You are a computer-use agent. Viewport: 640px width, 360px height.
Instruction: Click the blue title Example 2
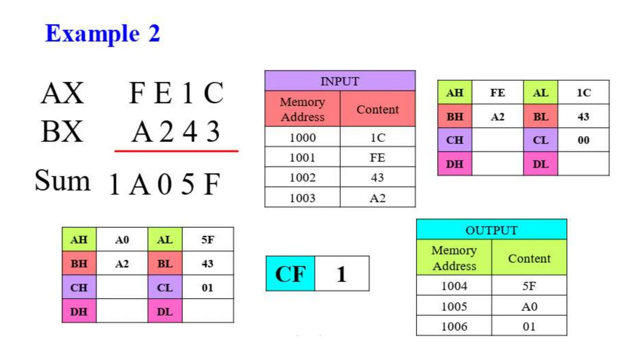[x=102, y=33]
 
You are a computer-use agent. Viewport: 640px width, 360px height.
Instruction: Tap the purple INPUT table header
[x=340, y=81]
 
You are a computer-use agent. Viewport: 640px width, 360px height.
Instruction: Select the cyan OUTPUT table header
[x=491, y=230]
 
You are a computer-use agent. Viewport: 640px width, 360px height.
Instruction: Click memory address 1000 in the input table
[x=302, y=137]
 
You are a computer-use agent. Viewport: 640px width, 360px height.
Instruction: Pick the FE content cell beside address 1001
[x=377, y=157]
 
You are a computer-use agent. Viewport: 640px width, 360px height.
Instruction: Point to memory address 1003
[x=302, y=198]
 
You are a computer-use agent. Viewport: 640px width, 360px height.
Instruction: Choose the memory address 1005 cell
[x=454, y=306]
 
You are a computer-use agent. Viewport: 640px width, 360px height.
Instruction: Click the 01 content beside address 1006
[x=529, y=326]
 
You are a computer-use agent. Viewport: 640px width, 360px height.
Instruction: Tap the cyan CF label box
[x=290, y=274]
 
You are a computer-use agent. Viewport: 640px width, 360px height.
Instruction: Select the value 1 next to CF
[x=342, y=274]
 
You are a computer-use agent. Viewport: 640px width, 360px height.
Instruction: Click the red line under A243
[x=176, y=151]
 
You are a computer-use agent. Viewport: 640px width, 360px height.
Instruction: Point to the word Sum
[x=62, y=181]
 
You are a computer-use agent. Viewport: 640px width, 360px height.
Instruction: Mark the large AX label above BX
[x=62, y=93]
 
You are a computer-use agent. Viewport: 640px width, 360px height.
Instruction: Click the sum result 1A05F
[x=165, y=184]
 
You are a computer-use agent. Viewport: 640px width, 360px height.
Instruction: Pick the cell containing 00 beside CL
[x=583, y=140]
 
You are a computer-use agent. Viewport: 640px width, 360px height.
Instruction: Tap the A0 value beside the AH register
[x=122, y=240]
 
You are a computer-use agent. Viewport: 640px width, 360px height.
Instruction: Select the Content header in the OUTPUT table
[x=529, y=258]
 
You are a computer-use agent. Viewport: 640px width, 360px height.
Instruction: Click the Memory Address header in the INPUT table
[x=302, y=109]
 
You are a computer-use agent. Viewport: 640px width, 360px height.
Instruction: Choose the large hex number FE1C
[x=176, y=93]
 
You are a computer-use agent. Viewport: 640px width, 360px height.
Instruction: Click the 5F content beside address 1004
[x=529, y=286]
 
